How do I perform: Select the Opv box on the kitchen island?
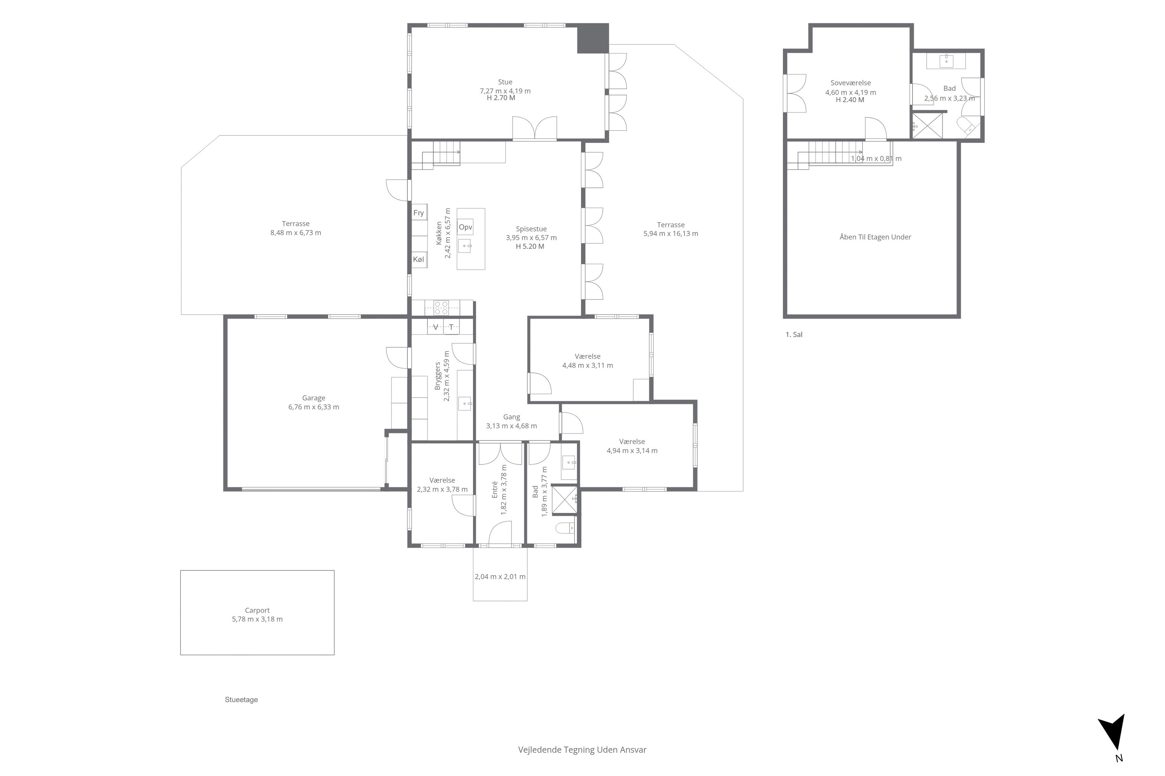point(465,227)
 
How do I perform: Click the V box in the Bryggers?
point(435,327)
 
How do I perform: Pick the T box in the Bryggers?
point(451,327)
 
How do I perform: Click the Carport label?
point(257,610)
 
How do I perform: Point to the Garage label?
point(313,398)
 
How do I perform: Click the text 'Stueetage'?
point(241,700)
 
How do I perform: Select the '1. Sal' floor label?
point(794,334)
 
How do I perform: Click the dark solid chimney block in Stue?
point(593,38)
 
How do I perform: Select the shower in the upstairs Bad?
point(927,126)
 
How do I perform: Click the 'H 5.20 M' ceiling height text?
point(530,246)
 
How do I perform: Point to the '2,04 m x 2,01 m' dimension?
point(500,577)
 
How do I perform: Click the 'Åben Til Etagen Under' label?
point(875,237)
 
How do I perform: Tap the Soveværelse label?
point(850,83)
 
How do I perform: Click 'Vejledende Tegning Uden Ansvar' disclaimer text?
point(582,750)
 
